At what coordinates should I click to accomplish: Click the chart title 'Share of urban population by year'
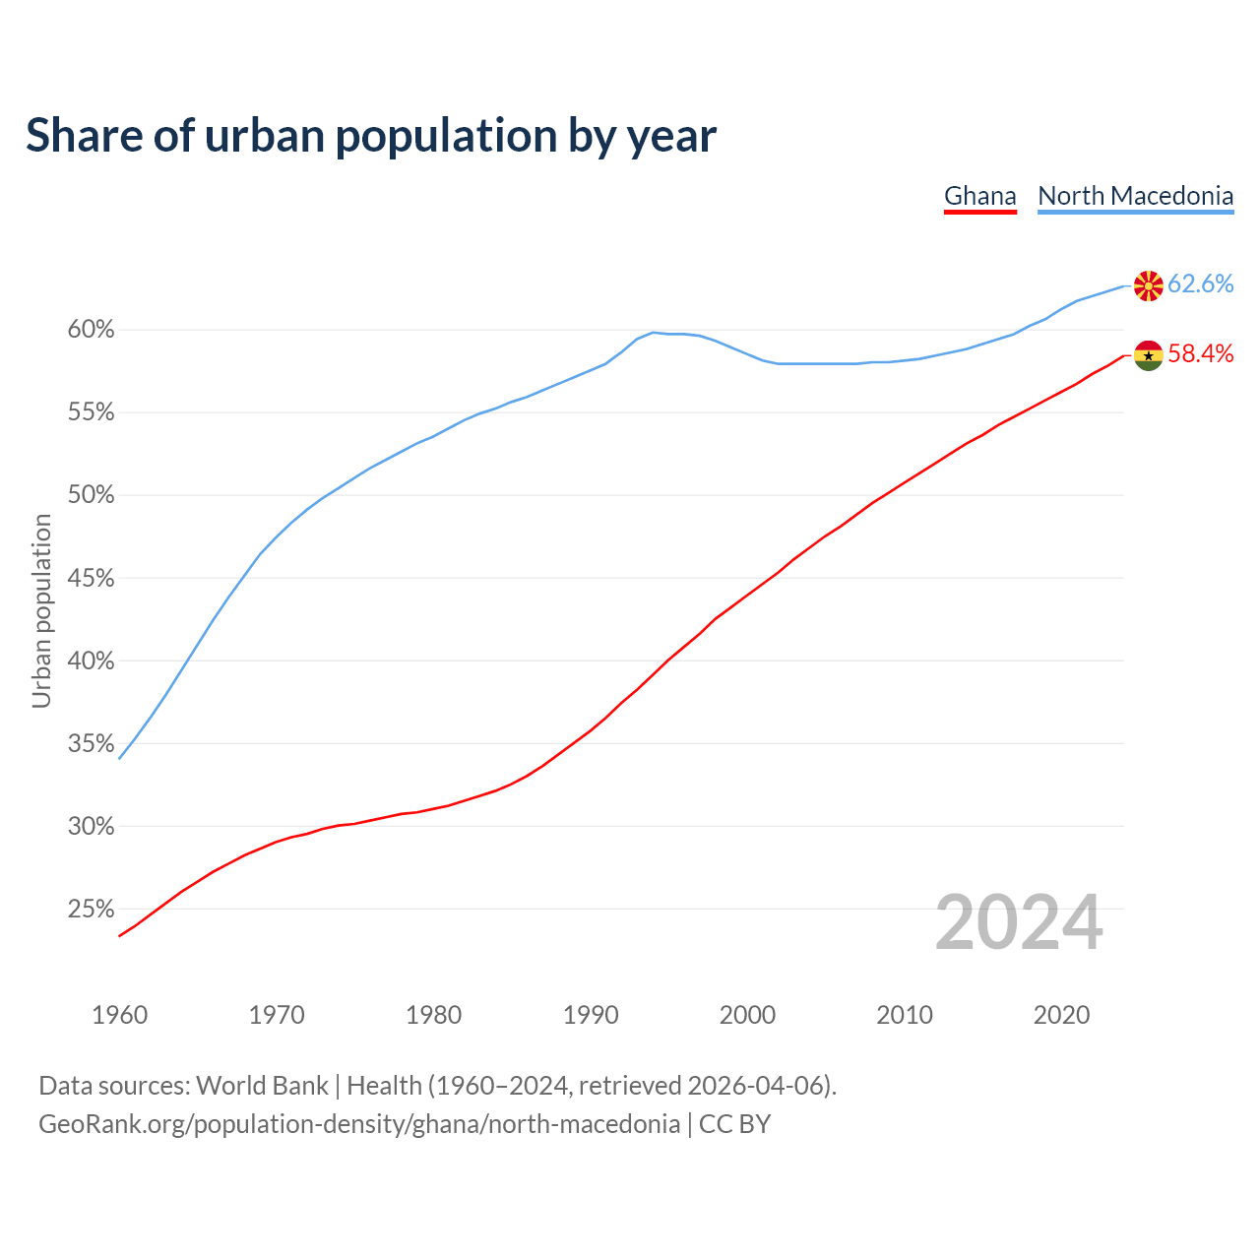(x=371, y=136)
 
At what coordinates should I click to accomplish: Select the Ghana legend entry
(x=979, y=196)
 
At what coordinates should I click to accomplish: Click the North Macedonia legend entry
(x=1135, y=196)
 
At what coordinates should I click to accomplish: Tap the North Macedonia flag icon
(x=1148, y=285)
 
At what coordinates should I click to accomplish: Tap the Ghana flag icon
(x=1148, y=355)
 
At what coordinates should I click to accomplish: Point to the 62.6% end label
(x=1200, y=284)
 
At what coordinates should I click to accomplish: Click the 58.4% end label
(x=1200, y=354)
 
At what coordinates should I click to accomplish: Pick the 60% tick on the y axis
(x=91, y=330)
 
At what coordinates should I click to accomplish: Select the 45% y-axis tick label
(x=91, y=579)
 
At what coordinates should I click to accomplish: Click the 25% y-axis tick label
(x=91, y=910)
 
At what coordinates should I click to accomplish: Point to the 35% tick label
(x=91, y=744)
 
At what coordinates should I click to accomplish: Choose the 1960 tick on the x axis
(x=120, y=1015)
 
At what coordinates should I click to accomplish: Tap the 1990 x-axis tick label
(x=591, y=1015)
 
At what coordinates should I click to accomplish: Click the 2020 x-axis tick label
(x=1061, y=1015)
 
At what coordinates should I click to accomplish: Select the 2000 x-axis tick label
(x=747, y=1015)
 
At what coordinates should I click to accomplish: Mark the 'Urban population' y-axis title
(x=41, y=610)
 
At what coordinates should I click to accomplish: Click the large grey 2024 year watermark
(x=1019, y=922)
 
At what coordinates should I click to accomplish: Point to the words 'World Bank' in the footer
(x=262, y=1086)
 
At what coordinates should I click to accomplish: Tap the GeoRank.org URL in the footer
(x=359, y=1124)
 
